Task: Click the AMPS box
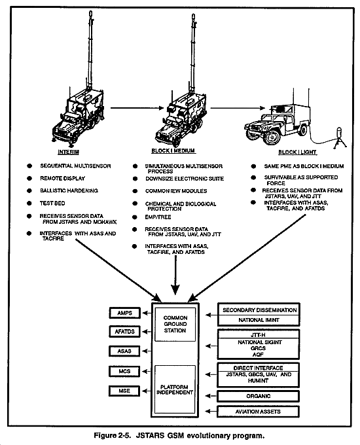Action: (x=124, y=313)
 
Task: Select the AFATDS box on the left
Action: (x=124, y=332)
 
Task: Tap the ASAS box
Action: (x=124, y=351)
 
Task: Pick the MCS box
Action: (x=124, y=371)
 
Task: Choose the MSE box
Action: (x=124, y=391)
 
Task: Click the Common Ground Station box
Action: (x=175, y=324)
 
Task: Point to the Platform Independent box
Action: (x=175, y=389)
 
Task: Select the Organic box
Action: (x=258, y=396)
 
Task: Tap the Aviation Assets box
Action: (x=258, y=412)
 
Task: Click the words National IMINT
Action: (x=259, y=320)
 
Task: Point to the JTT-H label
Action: (x=258, y=335)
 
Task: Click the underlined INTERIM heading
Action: (x=69, y=152)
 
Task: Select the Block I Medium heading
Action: (x=173, y=151)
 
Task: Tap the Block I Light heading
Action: (x=297, y=152)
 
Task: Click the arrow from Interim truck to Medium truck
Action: (x=137, y=108)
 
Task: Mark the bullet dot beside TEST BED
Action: (x=29, y=204)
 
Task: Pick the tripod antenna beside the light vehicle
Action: (x=339, y=137)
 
